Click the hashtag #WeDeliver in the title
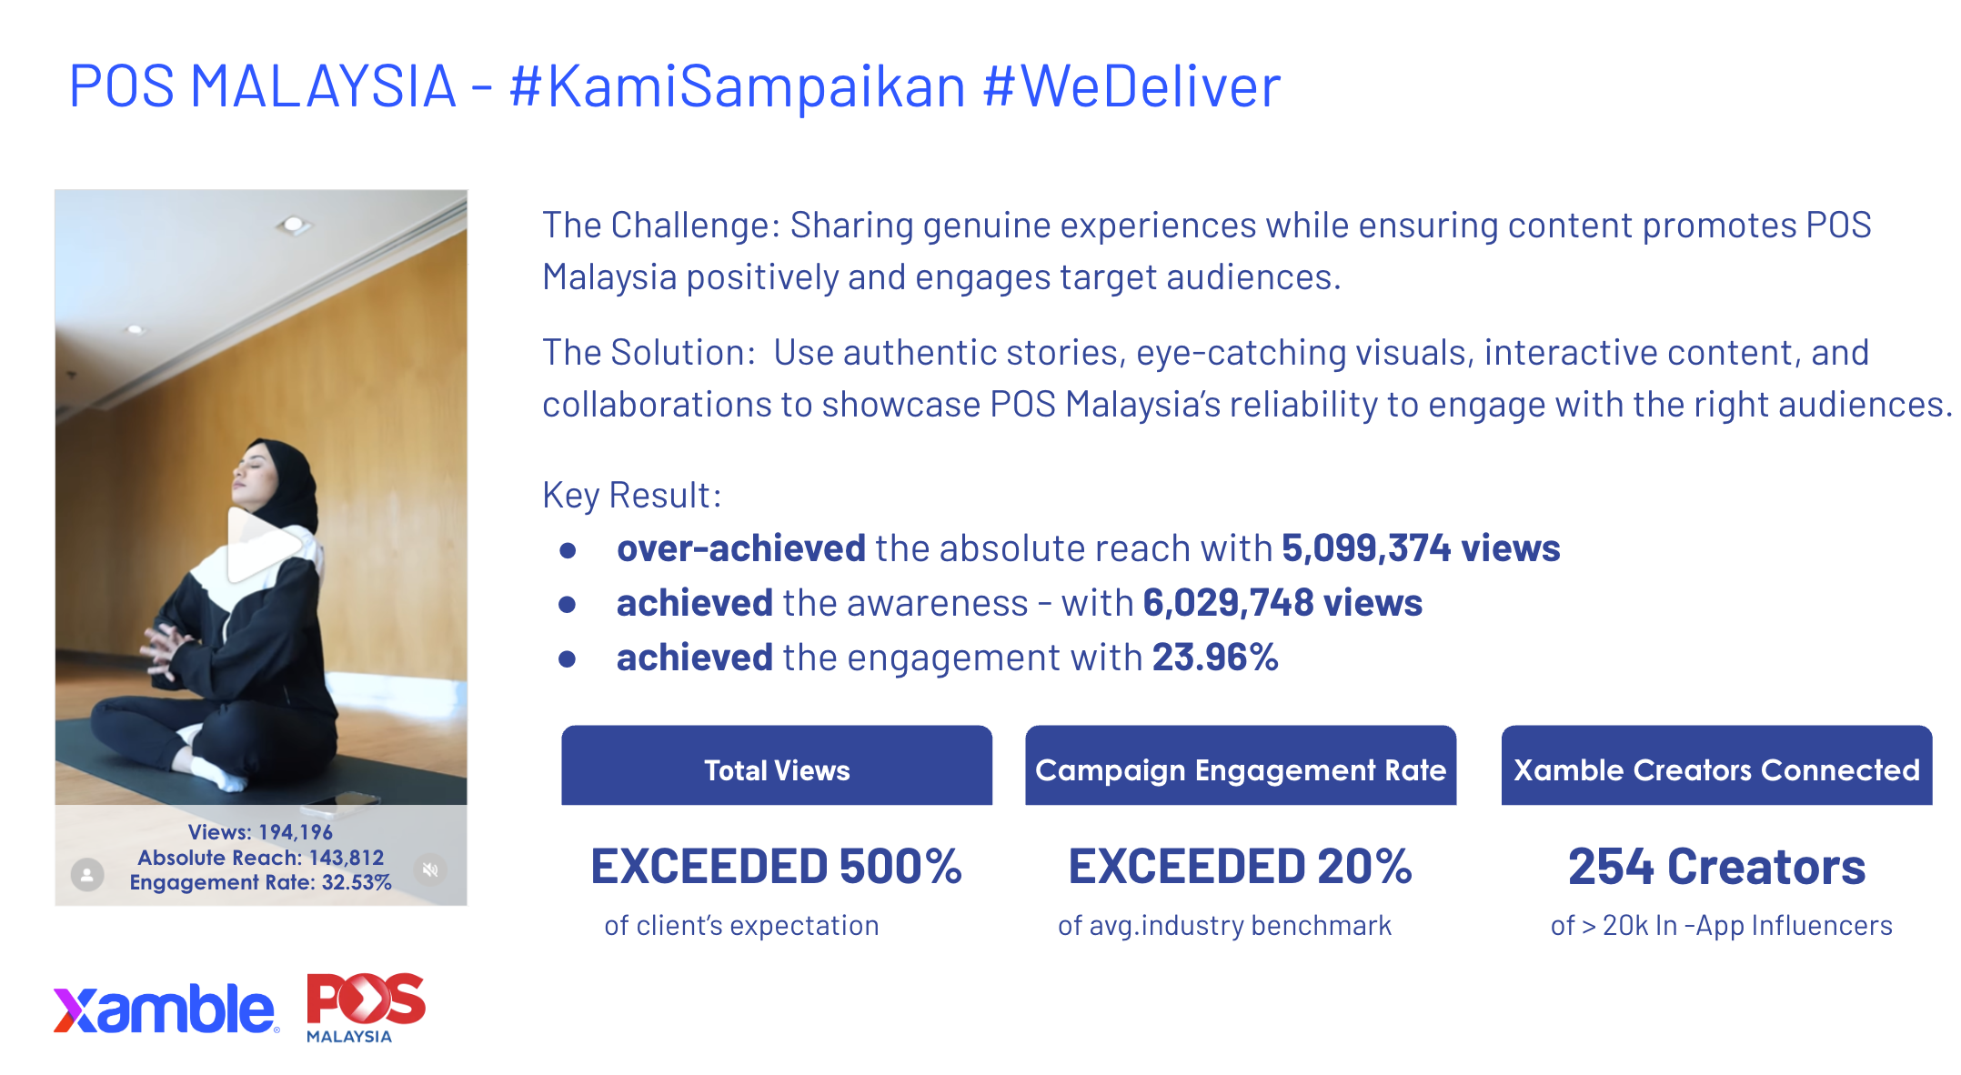point(1131,86)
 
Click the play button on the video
point(262,545)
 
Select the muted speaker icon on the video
point(430,869)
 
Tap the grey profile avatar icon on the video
point(87,875)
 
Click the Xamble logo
point(166,1009)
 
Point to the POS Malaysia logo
point(366,1008)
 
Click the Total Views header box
point(777,765)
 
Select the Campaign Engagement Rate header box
point(1241,765)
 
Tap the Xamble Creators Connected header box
point(1716,765)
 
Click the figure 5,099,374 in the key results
point(1366,548)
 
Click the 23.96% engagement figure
point(1215,658)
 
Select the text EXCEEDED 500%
point(776,866)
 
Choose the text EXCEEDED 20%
point(1240,866)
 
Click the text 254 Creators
point(1716,866)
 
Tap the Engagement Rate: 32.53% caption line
point(260,882)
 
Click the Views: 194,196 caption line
point(260,831)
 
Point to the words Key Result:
point(632,496)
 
